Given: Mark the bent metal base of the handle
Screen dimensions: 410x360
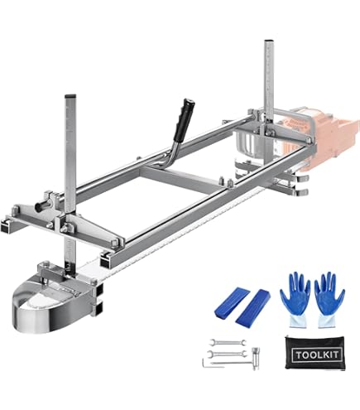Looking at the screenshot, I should click(x=169, y=157).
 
